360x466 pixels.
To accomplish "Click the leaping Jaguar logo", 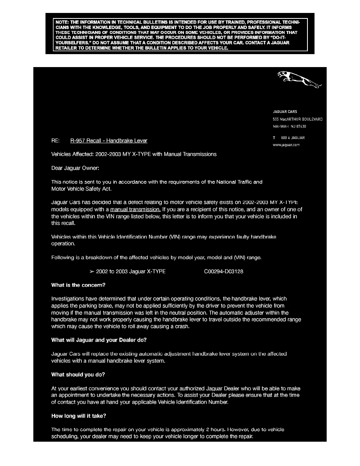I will [300, 80].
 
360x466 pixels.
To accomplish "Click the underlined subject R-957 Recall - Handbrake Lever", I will [109, 141].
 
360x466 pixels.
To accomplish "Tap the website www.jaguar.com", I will [286, 145].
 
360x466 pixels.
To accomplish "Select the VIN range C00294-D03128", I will [224, 271].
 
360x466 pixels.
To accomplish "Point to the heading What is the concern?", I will [78, 285].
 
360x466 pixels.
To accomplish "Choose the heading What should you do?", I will [78, 375].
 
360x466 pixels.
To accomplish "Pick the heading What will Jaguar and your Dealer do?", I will [99, 340].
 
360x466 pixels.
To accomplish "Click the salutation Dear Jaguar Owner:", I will [75, 168].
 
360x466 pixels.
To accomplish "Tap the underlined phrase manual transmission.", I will [135, 209].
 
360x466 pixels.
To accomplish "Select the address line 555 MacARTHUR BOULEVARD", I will [298, 119].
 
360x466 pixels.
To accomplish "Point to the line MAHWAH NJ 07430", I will [289, 127].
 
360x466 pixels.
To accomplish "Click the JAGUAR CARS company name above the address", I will [285, 112].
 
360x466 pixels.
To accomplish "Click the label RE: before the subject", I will [55, 141].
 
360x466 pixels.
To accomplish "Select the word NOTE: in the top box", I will [62, 22].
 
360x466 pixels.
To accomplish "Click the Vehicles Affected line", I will [134, 155].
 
